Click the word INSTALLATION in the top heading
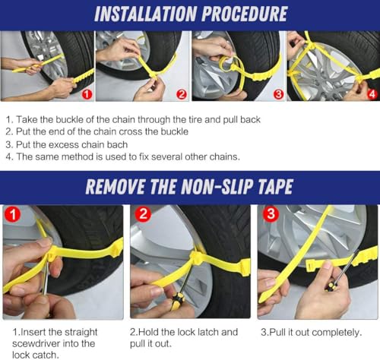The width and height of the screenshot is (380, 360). [x=145, y=14]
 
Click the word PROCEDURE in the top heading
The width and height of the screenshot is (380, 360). [x=245, y=14]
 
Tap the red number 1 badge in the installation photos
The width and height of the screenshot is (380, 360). [x=87, y=94]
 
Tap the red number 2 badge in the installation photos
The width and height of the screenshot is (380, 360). [x=182, y=94]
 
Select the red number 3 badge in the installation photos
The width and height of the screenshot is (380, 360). [x=278, y=94]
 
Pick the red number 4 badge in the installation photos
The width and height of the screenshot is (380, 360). [x=372, y=94]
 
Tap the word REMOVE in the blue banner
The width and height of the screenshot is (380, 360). [x=116, y=187]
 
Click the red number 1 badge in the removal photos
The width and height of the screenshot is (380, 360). [x=12, y=214]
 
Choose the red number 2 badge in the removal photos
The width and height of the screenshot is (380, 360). [x=143, y=214]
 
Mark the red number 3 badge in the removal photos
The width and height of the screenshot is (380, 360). [x=271, y=214]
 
